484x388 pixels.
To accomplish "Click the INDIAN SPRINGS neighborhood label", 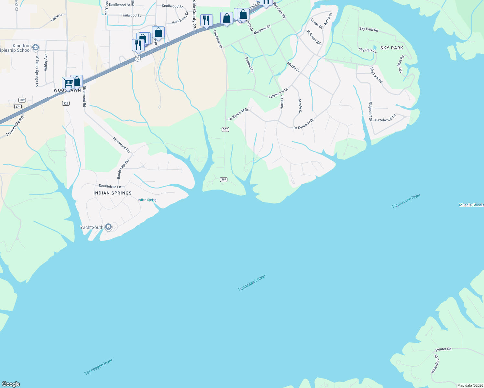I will (113, 193).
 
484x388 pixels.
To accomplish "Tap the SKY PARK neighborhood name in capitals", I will (392, 48).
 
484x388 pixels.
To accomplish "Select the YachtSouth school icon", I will (108, 227).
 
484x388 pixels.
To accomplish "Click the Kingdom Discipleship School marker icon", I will (36, 48).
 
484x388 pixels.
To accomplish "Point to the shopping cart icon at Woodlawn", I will (67, 83).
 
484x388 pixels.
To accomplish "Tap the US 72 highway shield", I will (138, 59).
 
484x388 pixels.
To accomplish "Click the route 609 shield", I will (22, 100).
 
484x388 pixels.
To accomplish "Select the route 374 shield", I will (18, 106).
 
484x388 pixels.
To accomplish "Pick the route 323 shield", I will (66, 103).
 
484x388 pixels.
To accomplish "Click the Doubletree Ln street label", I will (110, 186).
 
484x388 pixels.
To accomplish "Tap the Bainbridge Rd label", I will (123, 169).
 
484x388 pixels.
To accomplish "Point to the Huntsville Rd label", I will (15, 126).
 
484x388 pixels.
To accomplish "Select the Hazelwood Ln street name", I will (385, 118).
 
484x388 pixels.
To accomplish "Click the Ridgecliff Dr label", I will (370, 112).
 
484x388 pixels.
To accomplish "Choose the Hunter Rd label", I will (443, 349).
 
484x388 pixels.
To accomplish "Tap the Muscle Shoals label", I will (471, 205).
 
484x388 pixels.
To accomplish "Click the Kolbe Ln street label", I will (57, 17).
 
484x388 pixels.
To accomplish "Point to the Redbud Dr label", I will (249, 65).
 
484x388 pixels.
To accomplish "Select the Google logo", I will (11, 384).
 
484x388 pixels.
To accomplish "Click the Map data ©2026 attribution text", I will (470, 385).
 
